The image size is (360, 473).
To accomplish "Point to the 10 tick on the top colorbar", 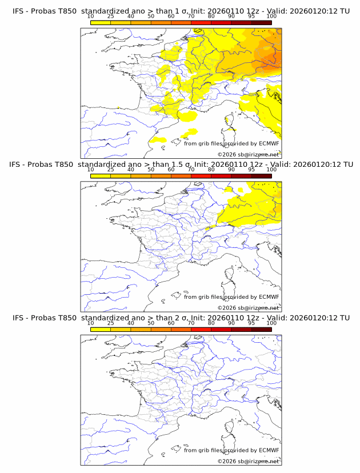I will pyautogui.click(x=91, y=16).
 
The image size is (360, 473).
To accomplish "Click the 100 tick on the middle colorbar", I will pyautogui.click(x=271, y=170).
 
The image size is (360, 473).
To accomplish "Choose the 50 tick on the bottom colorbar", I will pyautogui.click(x=151, y=323).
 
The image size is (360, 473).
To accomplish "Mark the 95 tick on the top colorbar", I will pyautogui.click(x=251, y=16).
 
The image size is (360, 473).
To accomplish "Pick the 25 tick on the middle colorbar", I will pyautogui.click(x=111, y=170).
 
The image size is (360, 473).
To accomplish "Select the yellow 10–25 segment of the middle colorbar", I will pyautogui.click(x=101, y=175).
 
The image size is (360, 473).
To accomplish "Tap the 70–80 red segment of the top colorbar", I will pyautogui.click(x=201, y=22).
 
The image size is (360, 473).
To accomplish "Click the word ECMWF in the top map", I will pyautogui.click(x=269, y=143).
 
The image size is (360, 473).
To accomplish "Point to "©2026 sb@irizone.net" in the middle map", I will pyautogui.click(x=249, y=308).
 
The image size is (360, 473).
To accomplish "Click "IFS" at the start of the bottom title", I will pyautogui.click(x=18, y=318).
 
